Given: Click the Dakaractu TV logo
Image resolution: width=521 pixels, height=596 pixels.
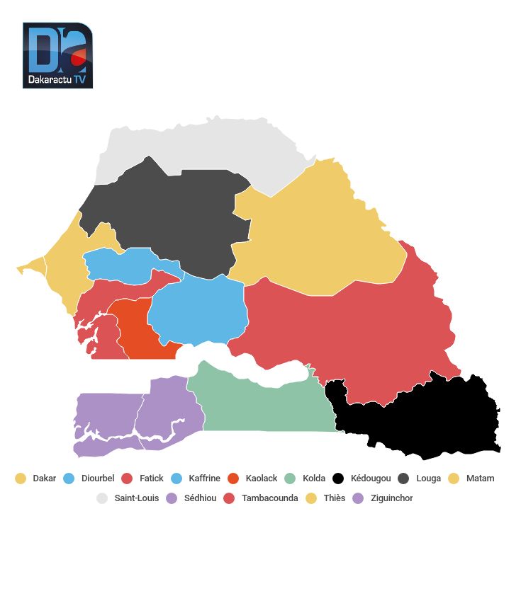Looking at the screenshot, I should pyautogui.click(x=57, y=55).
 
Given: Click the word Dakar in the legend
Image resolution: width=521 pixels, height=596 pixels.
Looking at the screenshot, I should pyautogui.click(x=45, y=478).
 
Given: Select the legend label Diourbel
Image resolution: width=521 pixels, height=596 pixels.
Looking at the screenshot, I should pyautogui.click(x=98, y=478).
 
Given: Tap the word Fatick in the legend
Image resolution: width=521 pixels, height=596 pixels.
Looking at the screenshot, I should pyautogui.click(x=152, y=478).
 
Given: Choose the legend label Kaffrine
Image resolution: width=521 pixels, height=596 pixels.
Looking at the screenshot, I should pyautogui.click(x=205, y=478).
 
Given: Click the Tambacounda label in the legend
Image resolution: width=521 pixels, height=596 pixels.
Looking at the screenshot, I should pyautogui.click(x=270, y=498).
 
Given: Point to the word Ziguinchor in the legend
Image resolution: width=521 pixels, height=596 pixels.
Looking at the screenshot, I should pyautogui.click(x=391, y=498).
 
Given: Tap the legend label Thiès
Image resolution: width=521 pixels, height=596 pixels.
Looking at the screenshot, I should pyautogui.click(x=335, y=498).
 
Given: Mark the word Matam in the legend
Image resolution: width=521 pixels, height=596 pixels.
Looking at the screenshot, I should pyautogui.click(x=481, y=478).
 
